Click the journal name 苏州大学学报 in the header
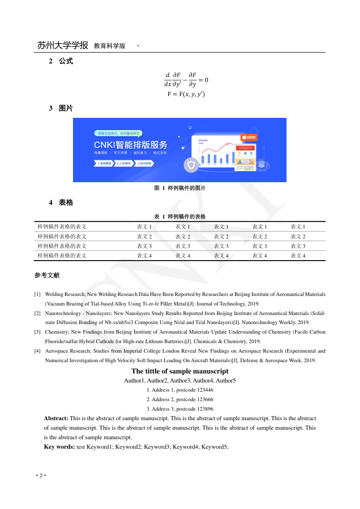point(63,45)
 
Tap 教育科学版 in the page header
point(109,46)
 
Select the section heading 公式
point(66,61)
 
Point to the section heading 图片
point(66,108)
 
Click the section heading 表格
point(66,203)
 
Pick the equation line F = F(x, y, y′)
point(186,94)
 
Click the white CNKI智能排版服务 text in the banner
point(131,145)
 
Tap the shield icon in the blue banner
point(191,165)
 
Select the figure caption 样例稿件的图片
point(186,188)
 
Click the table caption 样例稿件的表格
point(186,217)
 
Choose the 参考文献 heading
point(47,275)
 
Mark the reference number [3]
point(38,332)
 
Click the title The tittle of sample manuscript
point(180,371)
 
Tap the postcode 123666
point(205,399)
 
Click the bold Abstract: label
point(56,418)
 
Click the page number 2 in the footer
point(41,475)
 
